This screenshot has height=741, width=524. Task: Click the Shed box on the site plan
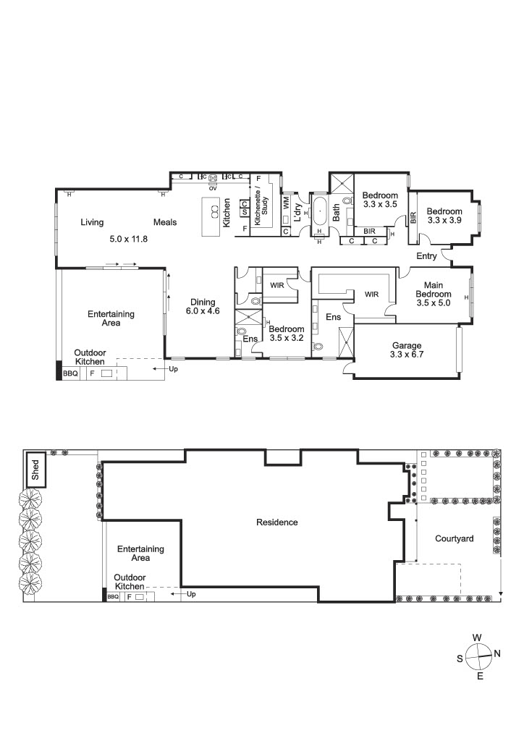click(x=35, y=470)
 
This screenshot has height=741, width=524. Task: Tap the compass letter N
click(x=497, y=653)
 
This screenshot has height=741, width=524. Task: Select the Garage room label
click(x=407, y=345)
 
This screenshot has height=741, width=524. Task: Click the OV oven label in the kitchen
click(x=213, y=188)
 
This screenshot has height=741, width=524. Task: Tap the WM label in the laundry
click(x=287, y=203)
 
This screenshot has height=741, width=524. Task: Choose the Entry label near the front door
click(x=426, y=255)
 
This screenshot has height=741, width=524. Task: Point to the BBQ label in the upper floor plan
click(x=70, y=373)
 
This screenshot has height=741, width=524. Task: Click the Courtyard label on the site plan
click(x=454, y=538)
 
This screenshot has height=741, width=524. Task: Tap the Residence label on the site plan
click(x=277, y=522)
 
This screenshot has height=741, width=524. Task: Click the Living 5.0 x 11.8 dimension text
click(x=129, y=239)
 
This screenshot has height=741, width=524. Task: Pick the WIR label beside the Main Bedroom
click(x=371, y=295)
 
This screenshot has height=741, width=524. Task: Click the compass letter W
click(x=477, y=638)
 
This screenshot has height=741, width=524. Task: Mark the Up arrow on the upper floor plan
click(x=161, y=368)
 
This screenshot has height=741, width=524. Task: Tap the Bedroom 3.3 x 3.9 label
click(x=444, y=216)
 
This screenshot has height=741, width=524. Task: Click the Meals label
click(x=165, y=222)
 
